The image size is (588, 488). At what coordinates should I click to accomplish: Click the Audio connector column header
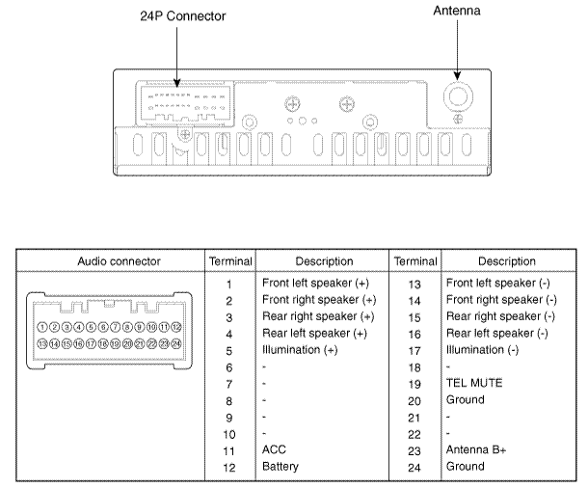tap(110, 261)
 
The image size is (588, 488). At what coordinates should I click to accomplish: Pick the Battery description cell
tap(282, 466)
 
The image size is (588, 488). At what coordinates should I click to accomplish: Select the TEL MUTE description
tap(474, 383)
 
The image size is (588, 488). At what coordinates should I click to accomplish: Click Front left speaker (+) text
tap(316, 284)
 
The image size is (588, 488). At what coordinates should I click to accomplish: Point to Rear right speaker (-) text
tap(500, 316)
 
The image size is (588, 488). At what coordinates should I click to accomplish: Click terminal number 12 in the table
tap(229, 466)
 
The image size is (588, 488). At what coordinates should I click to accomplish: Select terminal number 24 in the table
tap(414, 466)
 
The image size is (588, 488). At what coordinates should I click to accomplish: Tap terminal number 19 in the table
tap(414, 383)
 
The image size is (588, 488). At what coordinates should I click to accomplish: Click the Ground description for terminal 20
tap(466, 399)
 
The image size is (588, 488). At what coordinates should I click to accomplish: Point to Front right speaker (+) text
tap(319, 300)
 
